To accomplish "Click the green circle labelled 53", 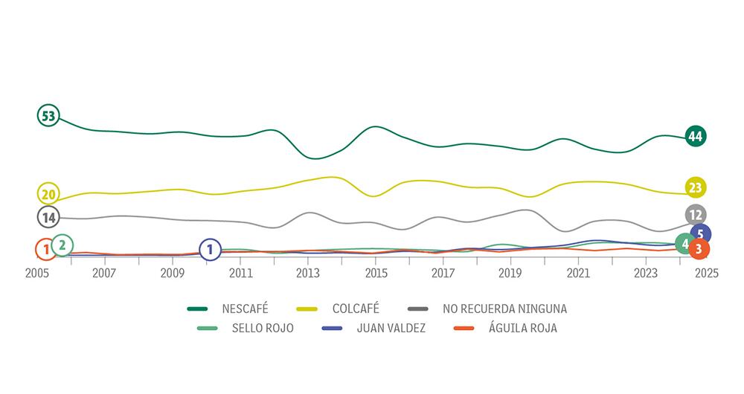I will pyautogui.click(x=48, y=116).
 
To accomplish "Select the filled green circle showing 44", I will pyautogui.click(x=696, y=136).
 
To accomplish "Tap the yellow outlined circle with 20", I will pyautogui.click(x=48, y=194).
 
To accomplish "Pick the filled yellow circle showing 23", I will pyautogui.click(x=696, y=187).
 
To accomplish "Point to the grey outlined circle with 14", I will pyautogui.click(x=48, y=218).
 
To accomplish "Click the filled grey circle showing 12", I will pyautogui.click(x=696, y=215).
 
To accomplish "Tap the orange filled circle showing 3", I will pyautogui.click(x=698, y=249).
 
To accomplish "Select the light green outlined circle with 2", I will pyautogui.click(x=62, y=245).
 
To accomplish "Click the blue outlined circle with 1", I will pyautogui.click(x=210, y=250).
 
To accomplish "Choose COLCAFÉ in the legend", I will pyautogui.click(x=356, y=308).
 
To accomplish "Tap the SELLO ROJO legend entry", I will pyautogui.click(x=263, y=328).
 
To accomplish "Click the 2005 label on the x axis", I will pyautogui.click(x=37, y=273).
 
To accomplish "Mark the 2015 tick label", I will pyautogui.click(x=376, y=273).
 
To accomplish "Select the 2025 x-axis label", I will pyautogui.click(x=706, y=273).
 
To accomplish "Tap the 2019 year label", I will pyautogui.click(x=511, y=273).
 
